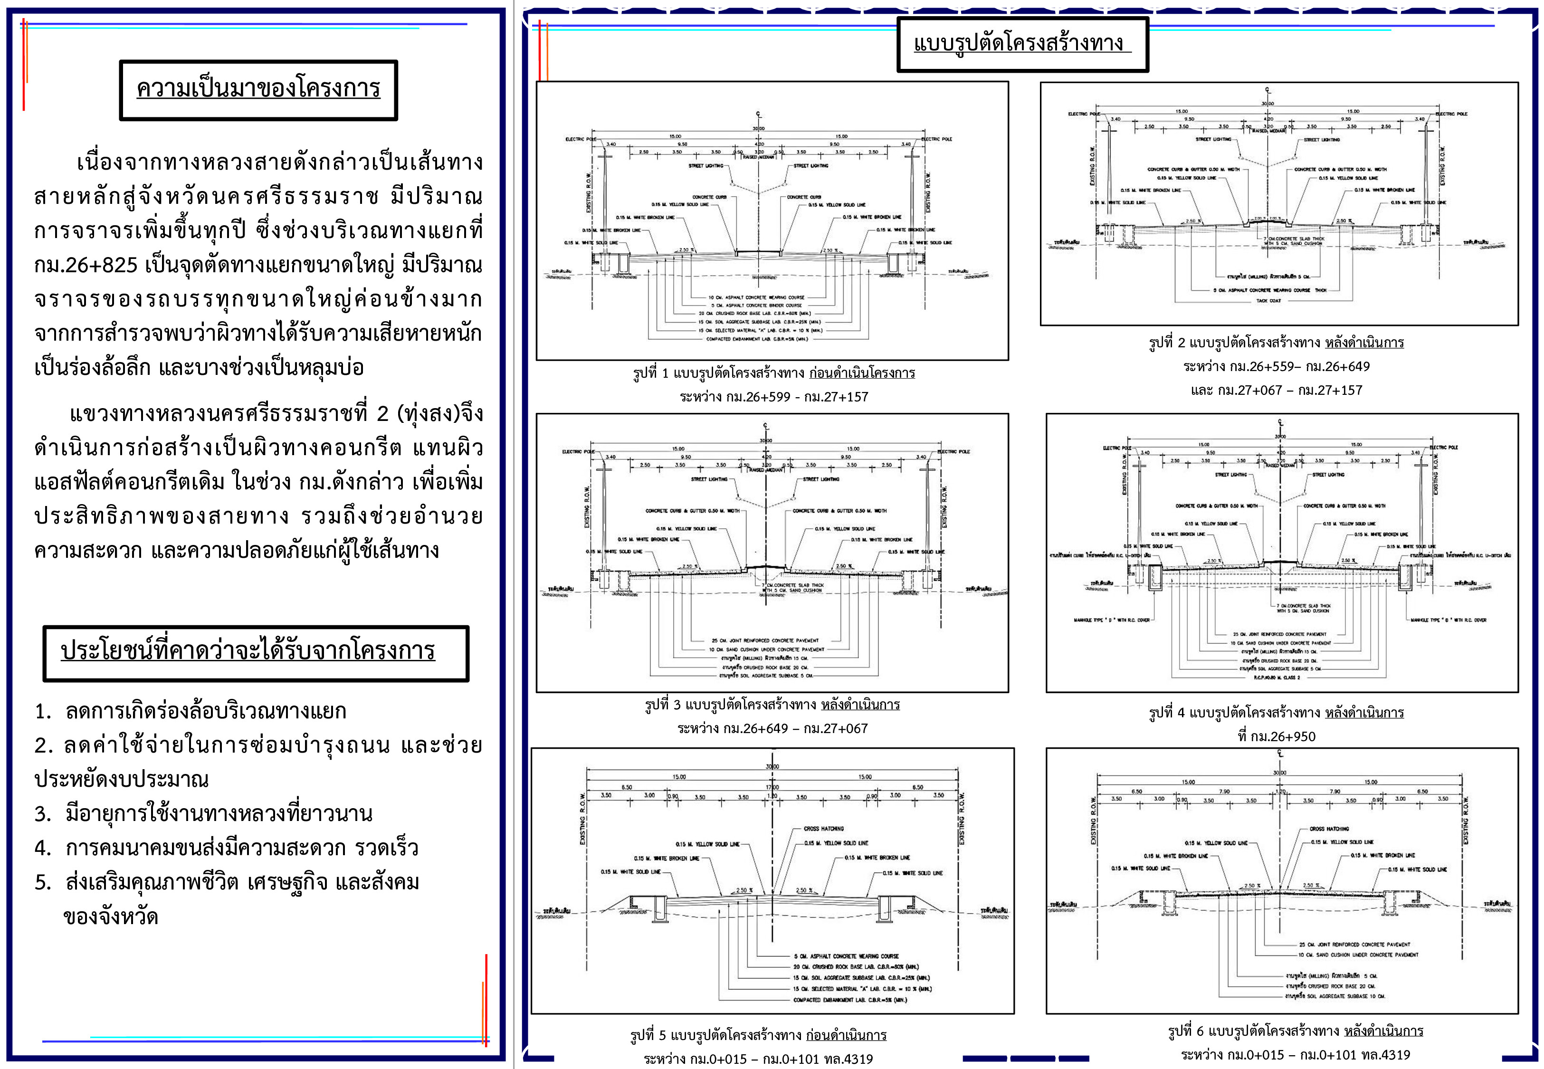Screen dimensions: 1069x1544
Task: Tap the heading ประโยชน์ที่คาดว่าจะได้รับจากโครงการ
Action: tap(248, 651)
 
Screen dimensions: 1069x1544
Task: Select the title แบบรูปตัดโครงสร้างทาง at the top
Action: tap(1019, 44)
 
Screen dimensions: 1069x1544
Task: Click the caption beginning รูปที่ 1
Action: tap(773, 373)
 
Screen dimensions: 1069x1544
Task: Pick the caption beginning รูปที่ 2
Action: tap(1276, 343)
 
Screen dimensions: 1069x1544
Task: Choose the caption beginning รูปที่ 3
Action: tap(772, 705)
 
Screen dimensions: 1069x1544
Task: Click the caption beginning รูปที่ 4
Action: tap(1276, 713)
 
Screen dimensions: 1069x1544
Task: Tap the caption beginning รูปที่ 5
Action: tap(758, 1036)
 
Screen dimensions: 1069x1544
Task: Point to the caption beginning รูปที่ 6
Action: tap(1296, 1031)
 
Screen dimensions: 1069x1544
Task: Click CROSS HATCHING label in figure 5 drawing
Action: tap(824, 829)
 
